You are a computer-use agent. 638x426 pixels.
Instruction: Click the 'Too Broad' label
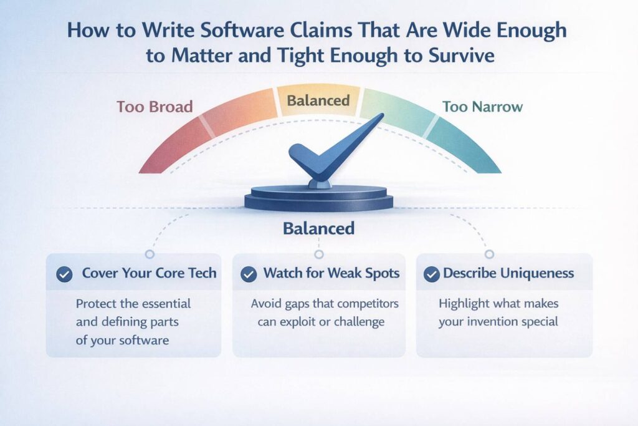(x=155, y=107)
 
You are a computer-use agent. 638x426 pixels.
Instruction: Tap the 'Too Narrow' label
(x=482, y=107)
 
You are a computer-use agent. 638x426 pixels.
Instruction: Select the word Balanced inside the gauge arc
(x=319, y=100)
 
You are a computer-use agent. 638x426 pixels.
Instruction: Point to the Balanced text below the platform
(x=318, y=228)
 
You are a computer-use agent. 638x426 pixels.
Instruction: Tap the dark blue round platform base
(x=318, y=198)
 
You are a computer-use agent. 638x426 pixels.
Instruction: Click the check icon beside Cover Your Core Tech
(x=64, y=274)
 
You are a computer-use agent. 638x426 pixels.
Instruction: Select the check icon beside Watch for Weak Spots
(x=249, y=274)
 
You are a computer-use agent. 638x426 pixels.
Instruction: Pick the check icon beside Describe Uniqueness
(x=431, y=274)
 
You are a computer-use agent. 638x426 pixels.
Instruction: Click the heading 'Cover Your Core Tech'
(x=149, y=273)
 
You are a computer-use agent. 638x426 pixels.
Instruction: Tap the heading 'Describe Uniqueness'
(x=508, y=273)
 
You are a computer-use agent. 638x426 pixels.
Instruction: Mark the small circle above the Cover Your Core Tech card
(x=149, y=254)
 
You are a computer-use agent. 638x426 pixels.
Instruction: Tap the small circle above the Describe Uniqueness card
(x=489, y=254)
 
